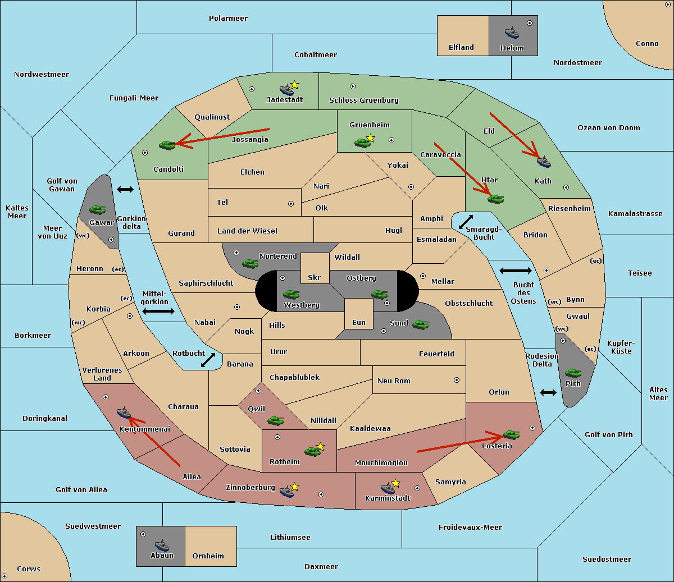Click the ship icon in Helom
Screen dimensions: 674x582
pos(512,33)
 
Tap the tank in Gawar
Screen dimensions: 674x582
pos(98,209)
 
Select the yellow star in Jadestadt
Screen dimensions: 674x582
pos(294,85)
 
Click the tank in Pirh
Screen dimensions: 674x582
pos(573,373)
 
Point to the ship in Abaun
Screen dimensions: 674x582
pos(162,545)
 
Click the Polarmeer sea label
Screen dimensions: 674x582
pos(228,19)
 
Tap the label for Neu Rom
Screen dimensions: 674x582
pos(394,381)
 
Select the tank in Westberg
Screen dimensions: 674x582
pos(291,294)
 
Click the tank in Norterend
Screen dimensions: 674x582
pos(250,263)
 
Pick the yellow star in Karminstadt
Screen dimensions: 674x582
pos(395,483)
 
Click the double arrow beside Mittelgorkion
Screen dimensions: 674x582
pos(158,311)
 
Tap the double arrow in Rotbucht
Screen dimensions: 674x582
pos(208,360)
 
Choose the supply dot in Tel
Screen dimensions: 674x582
pos(291,204)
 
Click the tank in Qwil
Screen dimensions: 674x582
pos(275,420)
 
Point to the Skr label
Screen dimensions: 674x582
pos(314,277)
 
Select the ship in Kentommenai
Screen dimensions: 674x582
pos(124,413)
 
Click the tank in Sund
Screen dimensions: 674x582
pos(420,324)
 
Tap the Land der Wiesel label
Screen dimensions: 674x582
pos(247,231)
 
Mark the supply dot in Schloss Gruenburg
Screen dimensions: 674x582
pos(353,86)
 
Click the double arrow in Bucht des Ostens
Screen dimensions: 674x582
pos(516,271)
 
